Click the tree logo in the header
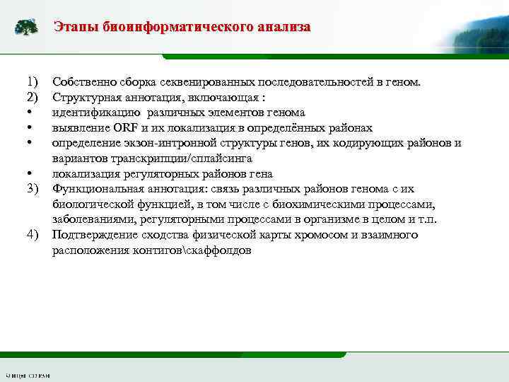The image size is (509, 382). [26, 28]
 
